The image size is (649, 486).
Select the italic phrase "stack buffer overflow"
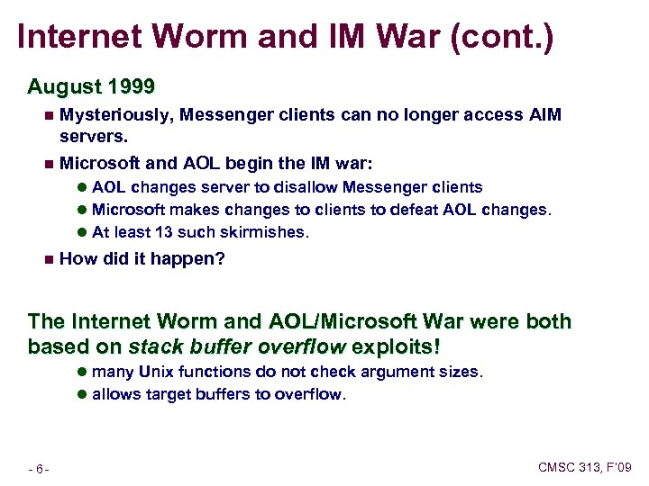click(x=236, y=346)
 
